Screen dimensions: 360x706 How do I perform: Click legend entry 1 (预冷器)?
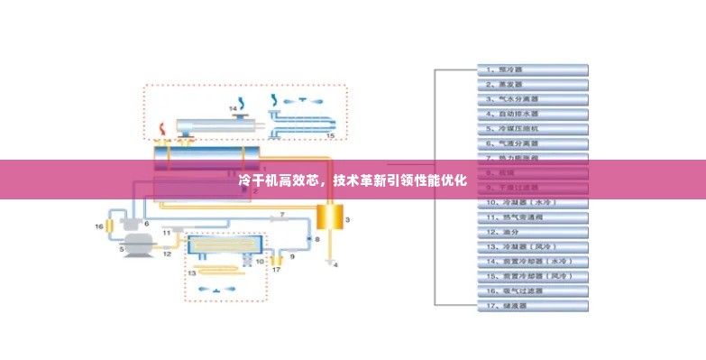(x=532, y=69)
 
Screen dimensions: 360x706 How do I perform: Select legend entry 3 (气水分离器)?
(x=532, y=98)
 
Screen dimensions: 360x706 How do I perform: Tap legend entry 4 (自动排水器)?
(x=532, y=114)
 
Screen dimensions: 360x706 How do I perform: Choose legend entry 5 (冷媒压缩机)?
(x=532, y=128)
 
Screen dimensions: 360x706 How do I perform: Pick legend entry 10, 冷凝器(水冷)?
(x=532, y=202)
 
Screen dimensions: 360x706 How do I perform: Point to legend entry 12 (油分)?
(x=532, y=232)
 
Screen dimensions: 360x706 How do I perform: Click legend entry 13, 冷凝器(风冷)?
(x=532, y=246)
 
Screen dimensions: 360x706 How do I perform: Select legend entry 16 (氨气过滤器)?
(x=532, y=291)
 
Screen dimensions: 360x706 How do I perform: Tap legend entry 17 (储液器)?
(x=532, y=306)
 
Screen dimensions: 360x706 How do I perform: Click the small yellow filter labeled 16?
(x=110, y=225)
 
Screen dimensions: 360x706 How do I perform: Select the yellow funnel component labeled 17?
(x=277, y=261)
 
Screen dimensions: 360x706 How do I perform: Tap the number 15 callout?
(x=329, y=135)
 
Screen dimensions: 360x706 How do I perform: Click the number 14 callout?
(x=233, y=109)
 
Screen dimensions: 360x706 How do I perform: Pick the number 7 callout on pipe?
(x=280, y=214)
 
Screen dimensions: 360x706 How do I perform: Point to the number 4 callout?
(x=336, y=266)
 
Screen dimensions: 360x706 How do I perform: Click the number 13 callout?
(x=191, y=272)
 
